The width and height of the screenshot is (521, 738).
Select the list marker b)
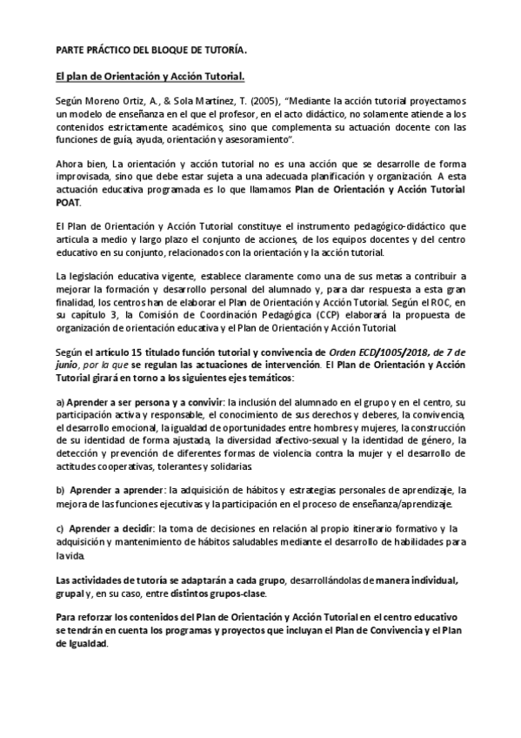pyautogui.click(x=60, y=491)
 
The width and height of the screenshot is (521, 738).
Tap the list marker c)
pyautogui.click(x=60, y=528)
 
